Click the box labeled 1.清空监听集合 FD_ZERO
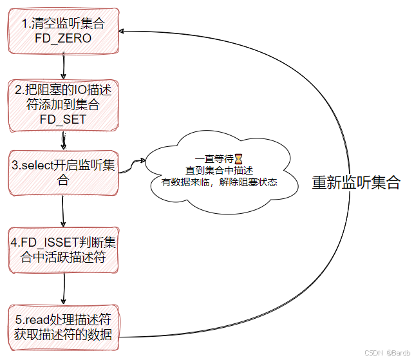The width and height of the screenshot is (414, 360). (x=63, y=31)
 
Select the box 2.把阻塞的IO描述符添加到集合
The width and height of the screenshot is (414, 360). (x=63, y=104)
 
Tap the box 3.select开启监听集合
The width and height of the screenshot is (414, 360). (x=63, y=173)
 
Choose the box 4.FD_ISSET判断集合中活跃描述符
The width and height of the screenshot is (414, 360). (x=63, y=250)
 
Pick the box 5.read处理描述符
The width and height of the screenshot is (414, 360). (x=63, y=327)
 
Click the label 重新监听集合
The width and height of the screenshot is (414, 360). (x=355, y=182)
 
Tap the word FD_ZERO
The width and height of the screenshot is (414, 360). (x=63, y=39)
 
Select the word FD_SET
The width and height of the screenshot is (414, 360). (x=63, y=119)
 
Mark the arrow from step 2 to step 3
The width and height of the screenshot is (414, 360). (x=64, y=139)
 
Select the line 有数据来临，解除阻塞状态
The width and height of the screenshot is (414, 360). (x=219, y=182)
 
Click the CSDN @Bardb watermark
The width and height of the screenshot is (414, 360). (x=388, y=353)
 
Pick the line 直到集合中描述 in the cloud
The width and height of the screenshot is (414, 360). (x=219, y=170)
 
